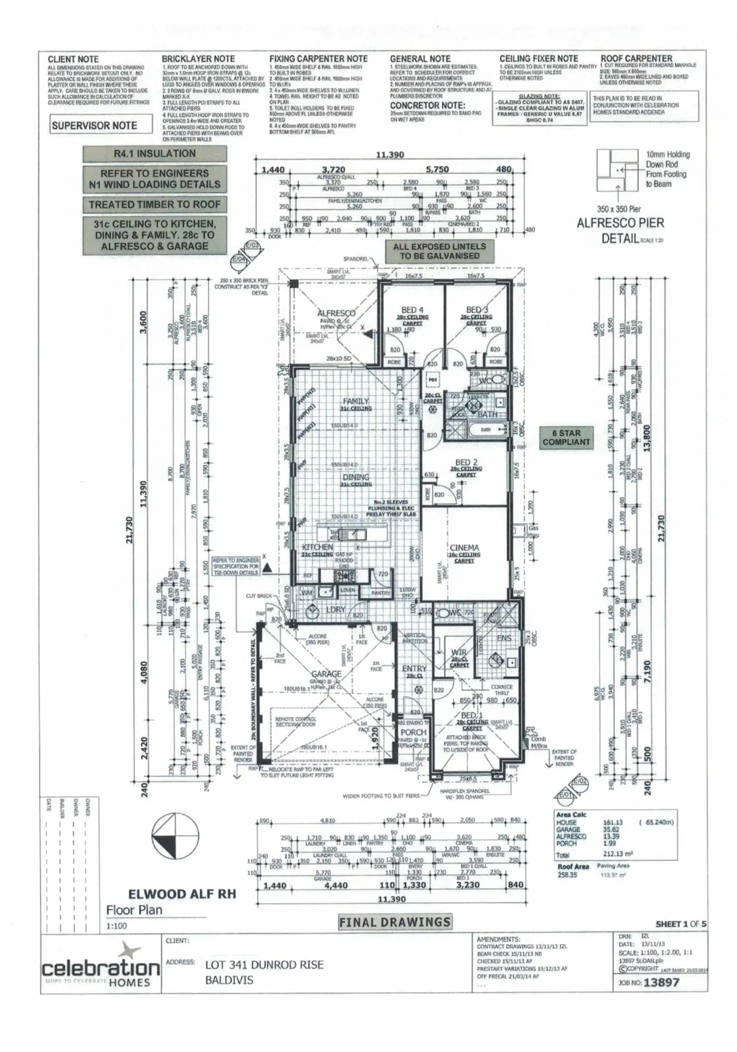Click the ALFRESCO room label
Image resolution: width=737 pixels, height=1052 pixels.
[x=336, y=313]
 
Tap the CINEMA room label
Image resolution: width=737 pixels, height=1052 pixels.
[x=464, y=548]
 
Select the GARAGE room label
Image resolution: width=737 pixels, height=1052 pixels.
[x=326, y=674]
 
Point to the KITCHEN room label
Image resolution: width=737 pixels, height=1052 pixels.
[x=317, y=547]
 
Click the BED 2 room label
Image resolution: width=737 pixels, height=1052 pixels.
[x=466, y=462]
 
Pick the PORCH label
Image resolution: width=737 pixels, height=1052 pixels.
[x=413, y=732]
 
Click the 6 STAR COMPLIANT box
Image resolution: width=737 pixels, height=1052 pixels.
[x=566, y=437]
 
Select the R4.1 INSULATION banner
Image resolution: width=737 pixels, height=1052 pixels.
[x=155, y=153]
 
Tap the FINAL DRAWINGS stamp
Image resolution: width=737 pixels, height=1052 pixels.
[x=395, y=922]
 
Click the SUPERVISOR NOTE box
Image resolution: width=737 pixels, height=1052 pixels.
[x=101, y=125]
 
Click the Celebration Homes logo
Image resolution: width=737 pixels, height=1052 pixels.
[x=100, y=967]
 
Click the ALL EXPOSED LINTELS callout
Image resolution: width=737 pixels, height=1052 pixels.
[x=439, y=251]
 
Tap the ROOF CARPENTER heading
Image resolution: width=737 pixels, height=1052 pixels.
[x=636, y=59]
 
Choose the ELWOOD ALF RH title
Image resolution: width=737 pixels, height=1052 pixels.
[x=182, y=894]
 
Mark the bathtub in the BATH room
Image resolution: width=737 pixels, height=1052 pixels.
[x=486, y=430]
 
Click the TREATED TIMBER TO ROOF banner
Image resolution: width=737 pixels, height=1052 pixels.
[x=155, y=204]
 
